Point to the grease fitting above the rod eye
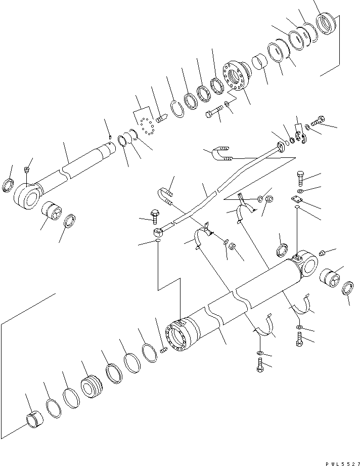[28, 168]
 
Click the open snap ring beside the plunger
[174, 109]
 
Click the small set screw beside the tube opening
[163, 349]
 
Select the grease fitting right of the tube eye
[325, 252]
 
